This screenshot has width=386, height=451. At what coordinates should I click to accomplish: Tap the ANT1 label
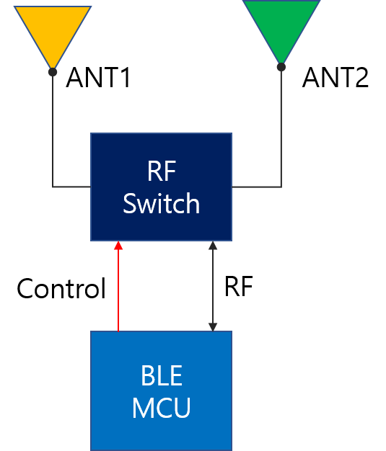tap(98, 77)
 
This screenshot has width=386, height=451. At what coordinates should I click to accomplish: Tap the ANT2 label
tap(335, 77)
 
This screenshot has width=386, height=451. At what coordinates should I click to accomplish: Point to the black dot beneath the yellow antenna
tap(53, 72)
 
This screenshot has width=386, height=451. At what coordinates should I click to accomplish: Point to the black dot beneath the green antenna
tap(281, 67)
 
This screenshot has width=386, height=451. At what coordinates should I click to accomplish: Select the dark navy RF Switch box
tap(162, 187)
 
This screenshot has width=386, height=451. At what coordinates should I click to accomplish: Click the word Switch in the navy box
tap(162, 203)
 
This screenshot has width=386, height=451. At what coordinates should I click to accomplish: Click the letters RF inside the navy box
tap(162, 171)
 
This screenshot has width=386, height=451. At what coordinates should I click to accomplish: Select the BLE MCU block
tap(162, 390)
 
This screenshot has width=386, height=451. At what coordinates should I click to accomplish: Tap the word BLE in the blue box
tap(162, 375)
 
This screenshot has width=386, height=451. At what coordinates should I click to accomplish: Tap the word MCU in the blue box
tap(162, 407)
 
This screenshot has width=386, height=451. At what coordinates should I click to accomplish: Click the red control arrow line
tap(118, 286)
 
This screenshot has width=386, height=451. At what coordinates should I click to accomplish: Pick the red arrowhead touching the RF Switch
tap(118, 246)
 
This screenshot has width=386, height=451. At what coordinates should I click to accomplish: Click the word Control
tap(61, 288)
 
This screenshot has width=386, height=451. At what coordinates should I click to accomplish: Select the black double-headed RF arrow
tap(213, 286)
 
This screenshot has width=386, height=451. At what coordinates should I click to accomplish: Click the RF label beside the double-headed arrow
tap(239, 286)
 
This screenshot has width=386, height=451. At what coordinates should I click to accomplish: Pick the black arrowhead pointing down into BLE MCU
tap(213, 327)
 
